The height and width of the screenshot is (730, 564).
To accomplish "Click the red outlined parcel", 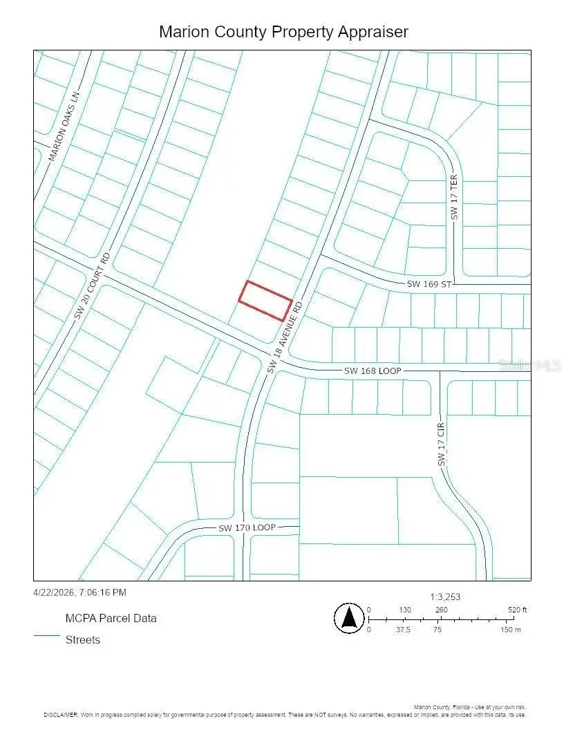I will pos(265,301).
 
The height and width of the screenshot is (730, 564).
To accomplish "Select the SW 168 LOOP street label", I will pos(373,371).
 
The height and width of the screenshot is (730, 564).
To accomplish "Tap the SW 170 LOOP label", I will pos(247,527).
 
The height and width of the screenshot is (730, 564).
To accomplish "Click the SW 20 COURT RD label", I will pos(93,285).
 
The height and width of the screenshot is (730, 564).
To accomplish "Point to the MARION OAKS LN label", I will pos(64,127).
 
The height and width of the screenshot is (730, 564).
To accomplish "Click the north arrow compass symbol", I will pos(349,617).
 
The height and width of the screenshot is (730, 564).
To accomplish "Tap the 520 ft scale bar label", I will pos(517,610).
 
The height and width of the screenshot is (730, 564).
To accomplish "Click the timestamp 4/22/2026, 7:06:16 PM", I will pos(79,592).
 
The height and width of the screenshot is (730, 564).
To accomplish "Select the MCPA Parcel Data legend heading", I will pos(111,618).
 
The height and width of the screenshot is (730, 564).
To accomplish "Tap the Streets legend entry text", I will pos(83,639).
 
